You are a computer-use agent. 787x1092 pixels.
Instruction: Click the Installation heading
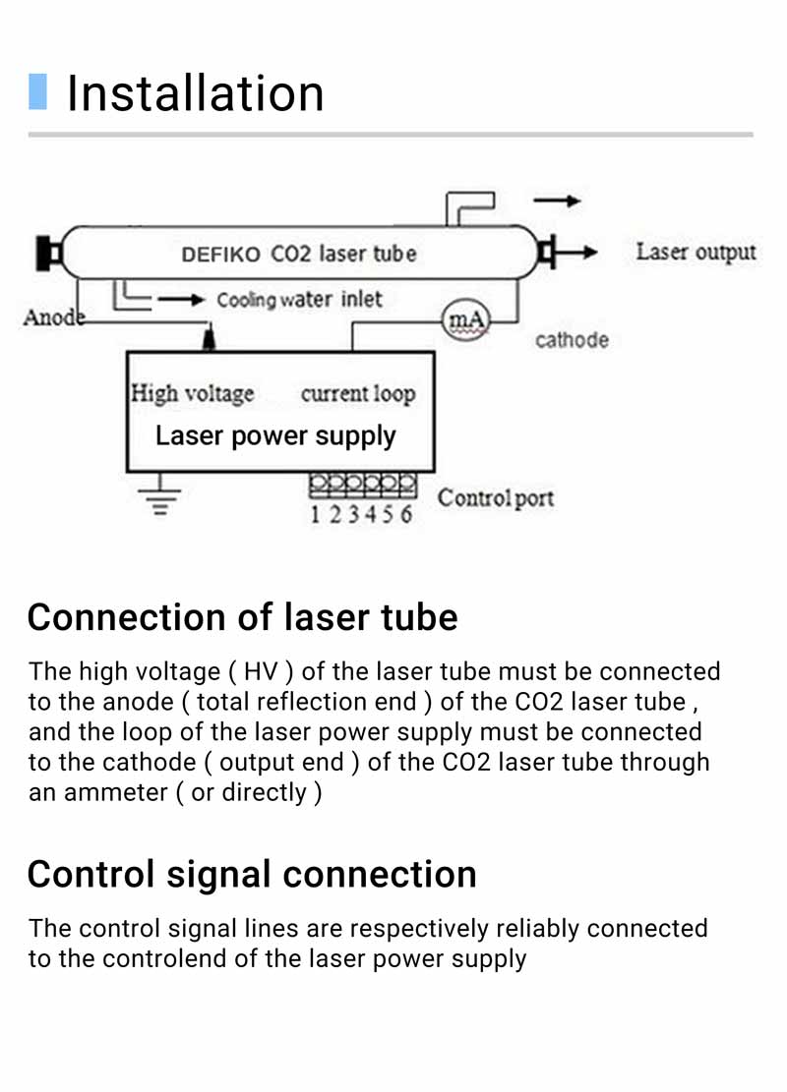pos(195,93)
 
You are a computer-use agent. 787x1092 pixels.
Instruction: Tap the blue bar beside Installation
pos(37,91)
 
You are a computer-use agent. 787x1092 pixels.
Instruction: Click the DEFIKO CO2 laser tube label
pos(299,254)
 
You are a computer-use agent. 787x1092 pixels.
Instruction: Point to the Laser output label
pos(696,252)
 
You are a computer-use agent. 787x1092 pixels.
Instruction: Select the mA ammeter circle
pos(465,319)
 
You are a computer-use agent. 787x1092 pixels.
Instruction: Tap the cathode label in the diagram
pos(572,340)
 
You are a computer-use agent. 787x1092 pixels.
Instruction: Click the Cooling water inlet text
pos(299,300)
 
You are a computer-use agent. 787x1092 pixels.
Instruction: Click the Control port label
pos(496,497)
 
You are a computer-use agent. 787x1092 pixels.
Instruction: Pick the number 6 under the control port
pos(405,515)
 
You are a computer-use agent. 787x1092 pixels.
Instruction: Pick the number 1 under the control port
pos(316,515)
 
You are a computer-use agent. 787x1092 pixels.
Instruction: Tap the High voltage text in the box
pos(193,394)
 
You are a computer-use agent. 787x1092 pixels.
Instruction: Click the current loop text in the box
pos(358,394)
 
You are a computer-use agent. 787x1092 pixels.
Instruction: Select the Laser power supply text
pos(275,435)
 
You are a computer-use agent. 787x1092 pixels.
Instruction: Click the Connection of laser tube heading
pos(242,617)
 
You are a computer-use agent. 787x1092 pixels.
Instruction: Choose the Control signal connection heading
pos(252,874)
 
